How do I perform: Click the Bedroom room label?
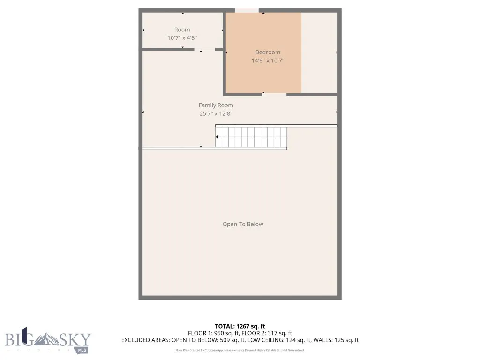(268, 52)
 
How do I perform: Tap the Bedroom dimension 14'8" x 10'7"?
(268, 60)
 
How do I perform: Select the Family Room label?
(216, 105)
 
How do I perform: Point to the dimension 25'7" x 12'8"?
(216, 113)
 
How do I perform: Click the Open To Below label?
(243, 224)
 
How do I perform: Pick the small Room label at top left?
(182, 30)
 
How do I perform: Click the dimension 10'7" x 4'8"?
(182, 38)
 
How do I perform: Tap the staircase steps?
(253, 136)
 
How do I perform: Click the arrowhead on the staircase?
(217, 137)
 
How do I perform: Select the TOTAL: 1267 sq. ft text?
(240, 326)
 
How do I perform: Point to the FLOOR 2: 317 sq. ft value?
(267, 333)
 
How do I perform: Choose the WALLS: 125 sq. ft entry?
(339, 340)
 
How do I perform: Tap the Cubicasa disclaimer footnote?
(240, 350)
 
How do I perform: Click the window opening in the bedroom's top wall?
(247, 10)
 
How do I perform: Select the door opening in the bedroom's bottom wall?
(274, 94)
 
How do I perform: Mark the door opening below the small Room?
(205, 49)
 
